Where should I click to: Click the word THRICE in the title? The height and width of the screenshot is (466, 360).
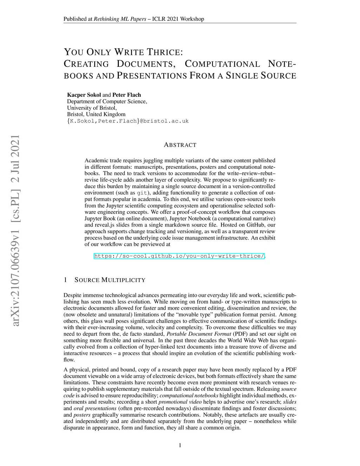pos(165,52)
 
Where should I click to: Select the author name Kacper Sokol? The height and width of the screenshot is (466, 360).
pos(84,95)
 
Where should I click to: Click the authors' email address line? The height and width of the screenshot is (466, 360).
pos(128,121)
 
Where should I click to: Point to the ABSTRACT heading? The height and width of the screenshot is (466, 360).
pos(180,145)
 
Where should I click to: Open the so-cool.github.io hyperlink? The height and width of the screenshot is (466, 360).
pos(179,256)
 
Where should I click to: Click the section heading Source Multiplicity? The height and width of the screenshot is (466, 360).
pos(110,280)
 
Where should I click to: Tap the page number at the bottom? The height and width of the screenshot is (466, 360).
pos(180,446)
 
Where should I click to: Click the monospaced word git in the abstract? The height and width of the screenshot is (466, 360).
pos(142,193)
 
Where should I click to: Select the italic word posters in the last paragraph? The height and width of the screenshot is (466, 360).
pos(82,415)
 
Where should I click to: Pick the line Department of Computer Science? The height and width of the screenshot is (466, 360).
pos(107,102)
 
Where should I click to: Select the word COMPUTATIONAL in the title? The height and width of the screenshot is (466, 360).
pos(222,64)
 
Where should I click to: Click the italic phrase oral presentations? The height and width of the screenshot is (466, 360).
pos(95,409)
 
